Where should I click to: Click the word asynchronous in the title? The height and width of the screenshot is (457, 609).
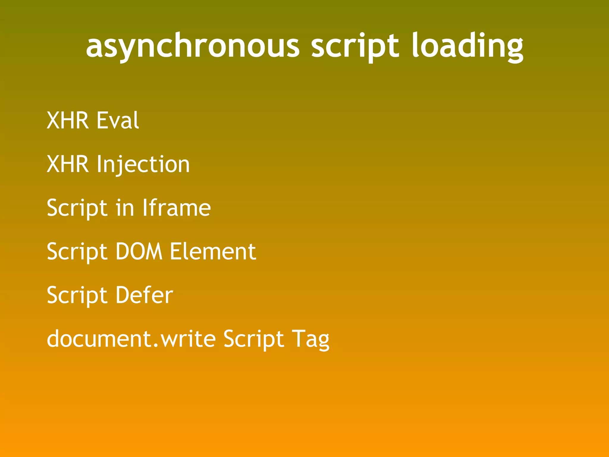pos(193,46)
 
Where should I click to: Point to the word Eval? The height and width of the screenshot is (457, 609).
pos(118,120)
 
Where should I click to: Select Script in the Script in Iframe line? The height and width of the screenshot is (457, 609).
pos(77,208)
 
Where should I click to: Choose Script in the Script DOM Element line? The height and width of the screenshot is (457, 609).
pos(77,252)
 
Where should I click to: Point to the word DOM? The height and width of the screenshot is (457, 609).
pos(139,251)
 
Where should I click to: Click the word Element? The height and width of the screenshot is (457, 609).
pos(213,251)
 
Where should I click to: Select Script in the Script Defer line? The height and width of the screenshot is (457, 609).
pos(77,295)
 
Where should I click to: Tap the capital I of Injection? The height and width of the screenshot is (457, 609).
pos(99,164)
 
